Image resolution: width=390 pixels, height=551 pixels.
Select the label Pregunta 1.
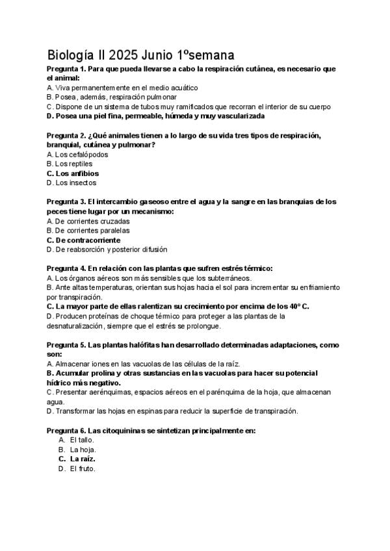[x=66, y=68]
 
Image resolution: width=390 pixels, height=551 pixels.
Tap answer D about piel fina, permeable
[x=156, y=116]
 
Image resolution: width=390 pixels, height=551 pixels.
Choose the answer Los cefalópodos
[x=77, y=155]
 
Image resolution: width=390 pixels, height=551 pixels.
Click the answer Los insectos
[x=73, y=183]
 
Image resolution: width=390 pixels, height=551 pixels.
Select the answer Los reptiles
[x=73, y=164]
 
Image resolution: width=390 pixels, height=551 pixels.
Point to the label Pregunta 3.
[x=66, y=202]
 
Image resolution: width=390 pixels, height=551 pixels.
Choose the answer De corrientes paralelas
[x=88, y=231]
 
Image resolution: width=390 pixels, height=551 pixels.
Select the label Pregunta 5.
[x=66, y=344]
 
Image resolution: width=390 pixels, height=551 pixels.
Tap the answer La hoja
[x=83, y=450]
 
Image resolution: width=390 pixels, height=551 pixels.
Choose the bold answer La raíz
[x=83, y=459]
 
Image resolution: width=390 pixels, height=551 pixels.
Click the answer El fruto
[x=83, y=468]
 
